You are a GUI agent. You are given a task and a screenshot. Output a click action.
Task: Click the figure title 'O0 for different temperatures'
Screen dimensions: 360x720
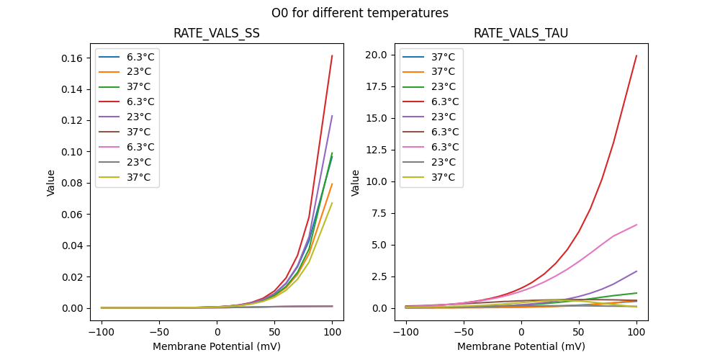click(x=359, y=13)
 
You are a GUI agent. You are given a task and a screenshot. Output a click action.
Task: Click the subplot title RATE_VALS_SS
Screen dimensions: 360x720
click(x=217, y=34)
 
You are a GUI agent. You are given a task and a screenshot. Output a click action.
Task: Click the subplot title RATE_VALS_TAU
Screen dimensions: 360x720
click(x=521, y=34)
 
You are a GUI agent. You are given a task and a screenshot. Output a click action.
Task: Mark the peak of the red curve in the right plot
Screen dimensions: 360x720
click(x=636, y=55)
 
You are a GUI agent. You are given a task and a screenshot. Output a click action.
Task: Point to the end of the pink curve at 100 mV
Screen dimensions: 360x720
click(x=636, y=225)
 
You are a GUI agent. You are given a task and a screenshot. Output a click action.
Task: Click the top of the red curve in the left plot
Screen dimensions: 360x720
click(x=332, y=55)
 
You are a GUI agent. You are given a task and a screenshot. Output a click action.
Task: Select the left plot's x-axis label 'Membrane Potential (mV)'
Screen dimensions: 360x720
click(x=217, y=346)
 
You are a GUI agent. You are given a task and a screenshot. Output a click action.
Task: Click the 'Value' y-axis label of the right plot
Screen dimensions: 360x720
click(x=355, y=182)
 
